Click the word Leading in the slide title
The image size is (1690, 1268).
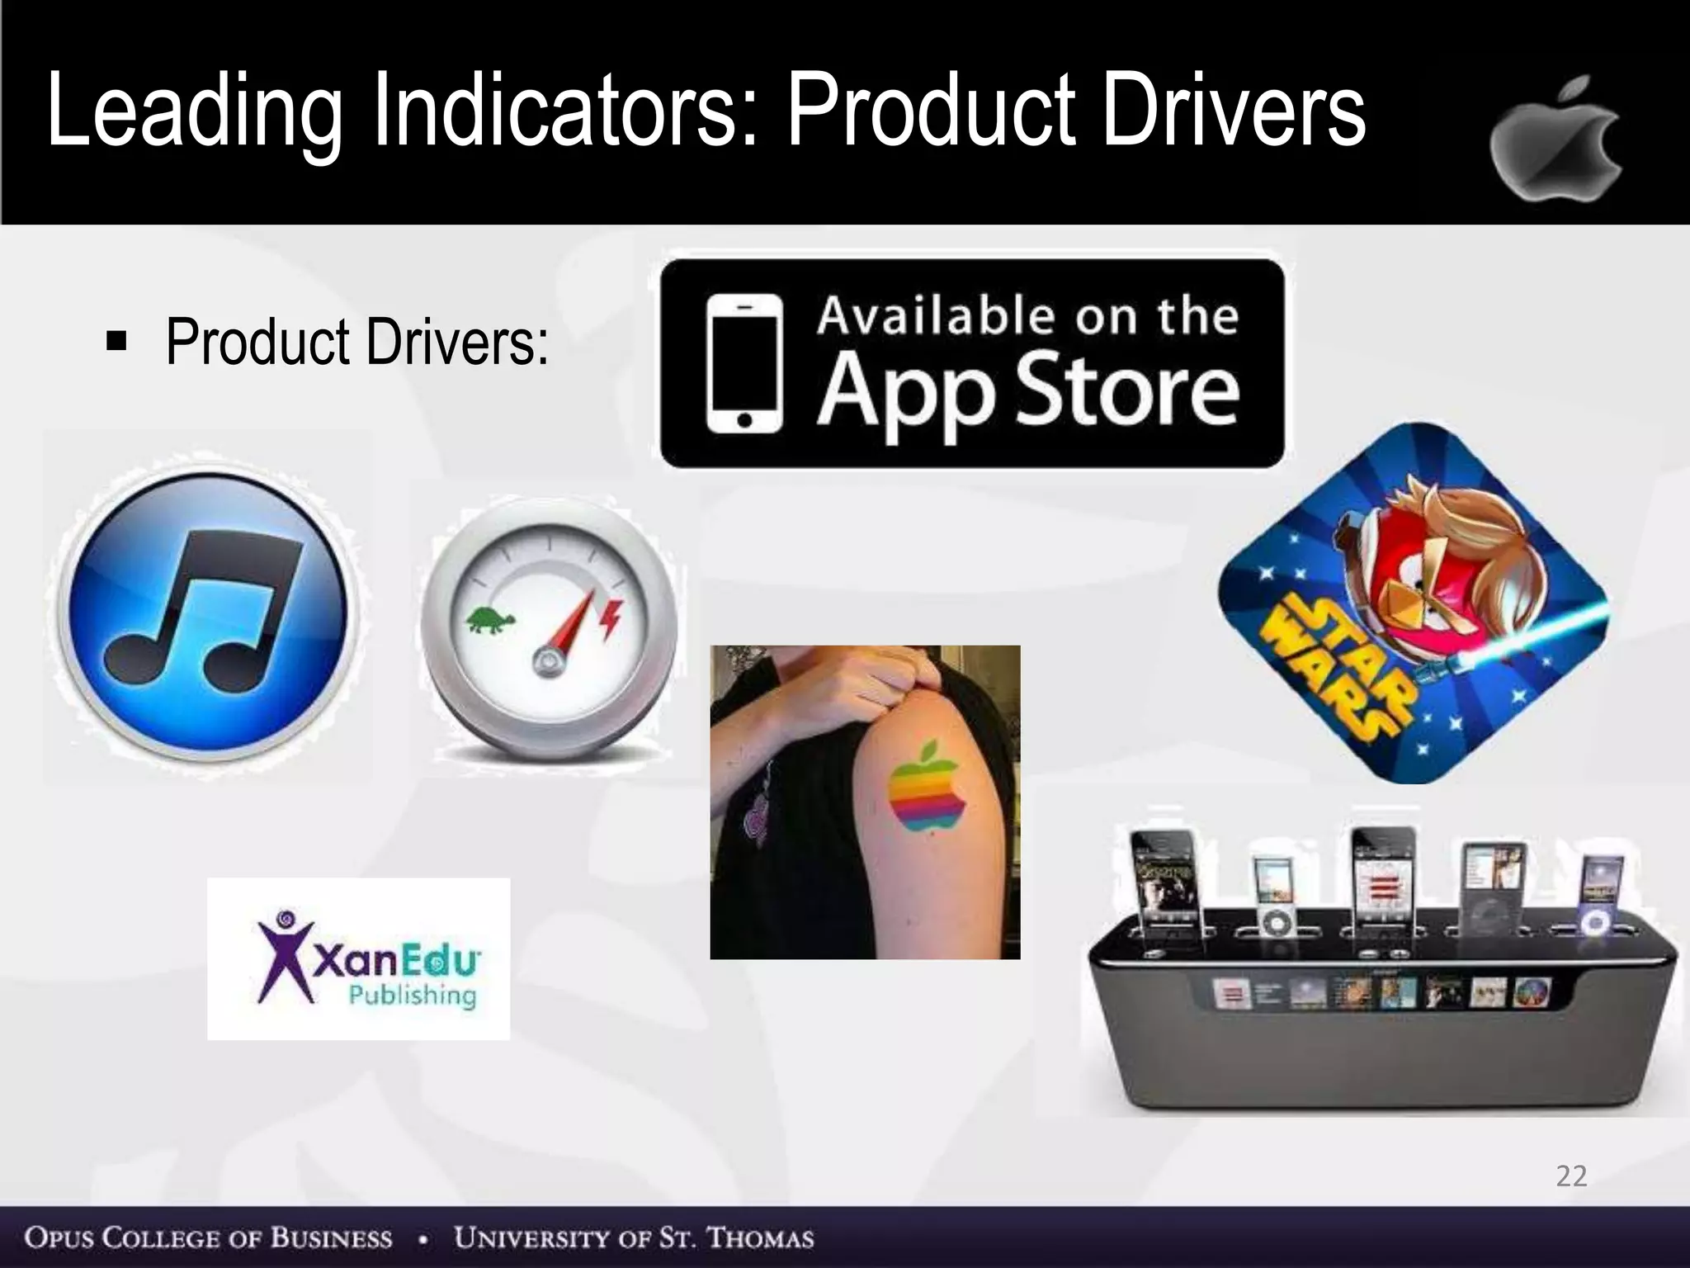(x=194, y=111)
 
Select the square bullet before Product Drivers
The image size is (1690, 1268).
(x=116, y=340)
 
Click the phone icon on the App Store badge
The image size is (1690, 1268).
(x=744, y=363)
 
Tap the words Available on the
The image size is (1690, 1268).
(x=1027, y=315)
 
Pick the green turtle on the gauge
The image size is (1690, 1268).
(x=490, y=619)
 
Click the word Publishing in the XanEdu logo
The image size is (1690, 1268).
(x=412, y=995)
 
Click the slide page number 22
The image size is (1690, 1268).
(x=1571, y=1176)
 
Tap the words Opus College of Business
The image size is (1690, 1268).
(x=208, y=1238)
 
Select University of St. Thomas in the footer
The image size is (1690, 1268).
(x=634, y=1238)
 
